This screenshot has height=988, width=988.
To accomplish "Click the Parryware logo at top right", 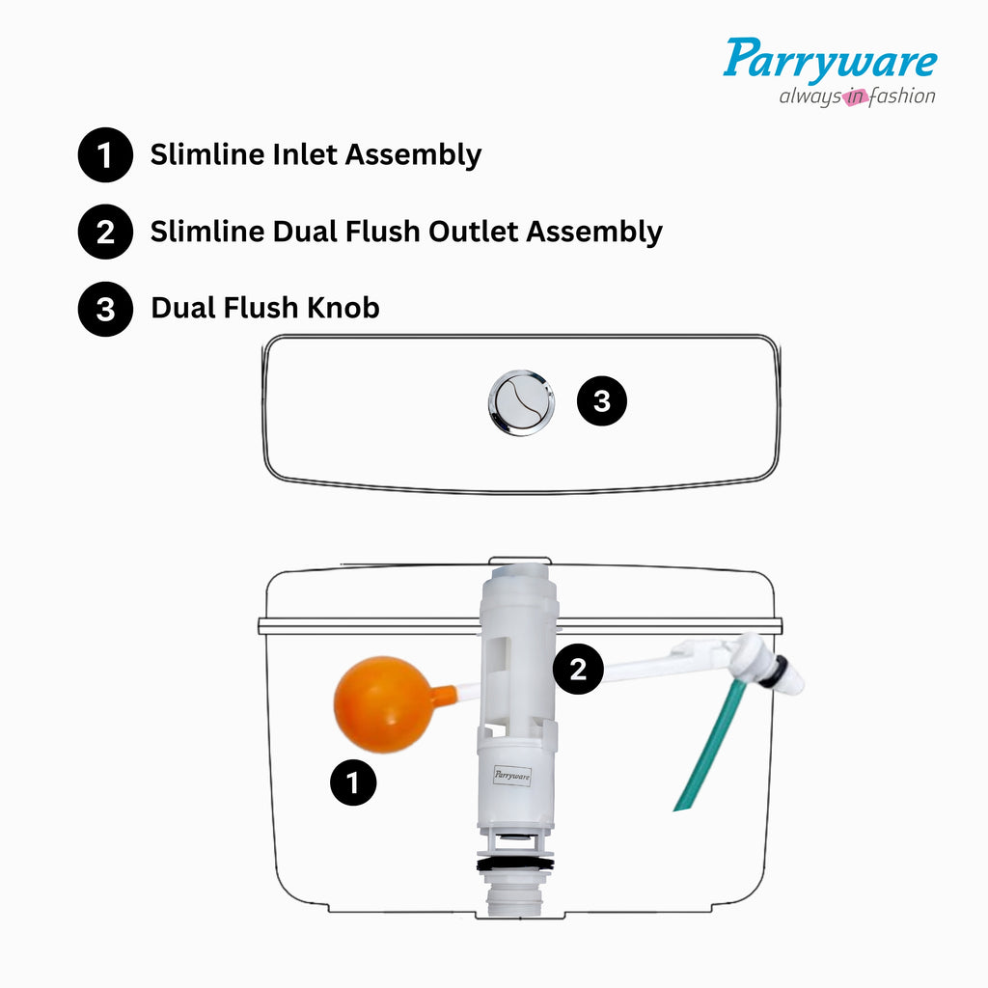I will tap(830, 60).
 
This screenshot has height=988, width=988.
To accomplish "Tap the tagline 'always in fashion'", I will tap(857, 96).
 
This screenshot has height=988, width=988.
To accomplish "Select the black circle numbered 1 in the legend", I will tap(105, 155).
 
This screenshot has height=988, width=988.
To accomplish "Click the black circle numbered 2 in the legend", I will tap(105, 233).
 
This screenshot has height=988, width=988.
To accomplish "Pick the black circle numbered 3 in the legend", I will tap(105, 310).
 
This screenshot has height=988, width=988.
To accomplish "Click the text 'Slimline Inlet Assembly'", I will tap(316, 154).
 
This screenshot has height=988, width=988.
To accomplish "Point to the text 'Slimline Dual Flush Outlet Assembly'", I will tap(406, 232).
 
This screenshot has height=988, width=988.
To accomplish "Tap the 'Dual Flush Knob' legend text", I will tap(265, 308).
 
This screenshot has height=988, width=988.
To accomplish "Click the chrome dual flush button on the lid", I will tap(521, 401).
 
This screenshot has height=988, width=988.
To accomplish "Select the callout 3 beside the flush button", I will tap(602, 401).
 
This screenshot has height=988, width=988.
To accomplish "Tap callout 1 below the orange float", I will tap(353, 782).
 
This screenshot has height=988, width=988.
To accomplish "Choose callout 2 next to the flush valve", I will tap(578, 670).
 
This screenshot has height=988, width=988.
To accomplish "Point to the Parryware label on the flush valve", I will tap(512, 775).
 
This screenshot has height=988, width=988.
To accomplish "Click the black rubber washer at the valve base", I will tap(516, 864).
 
